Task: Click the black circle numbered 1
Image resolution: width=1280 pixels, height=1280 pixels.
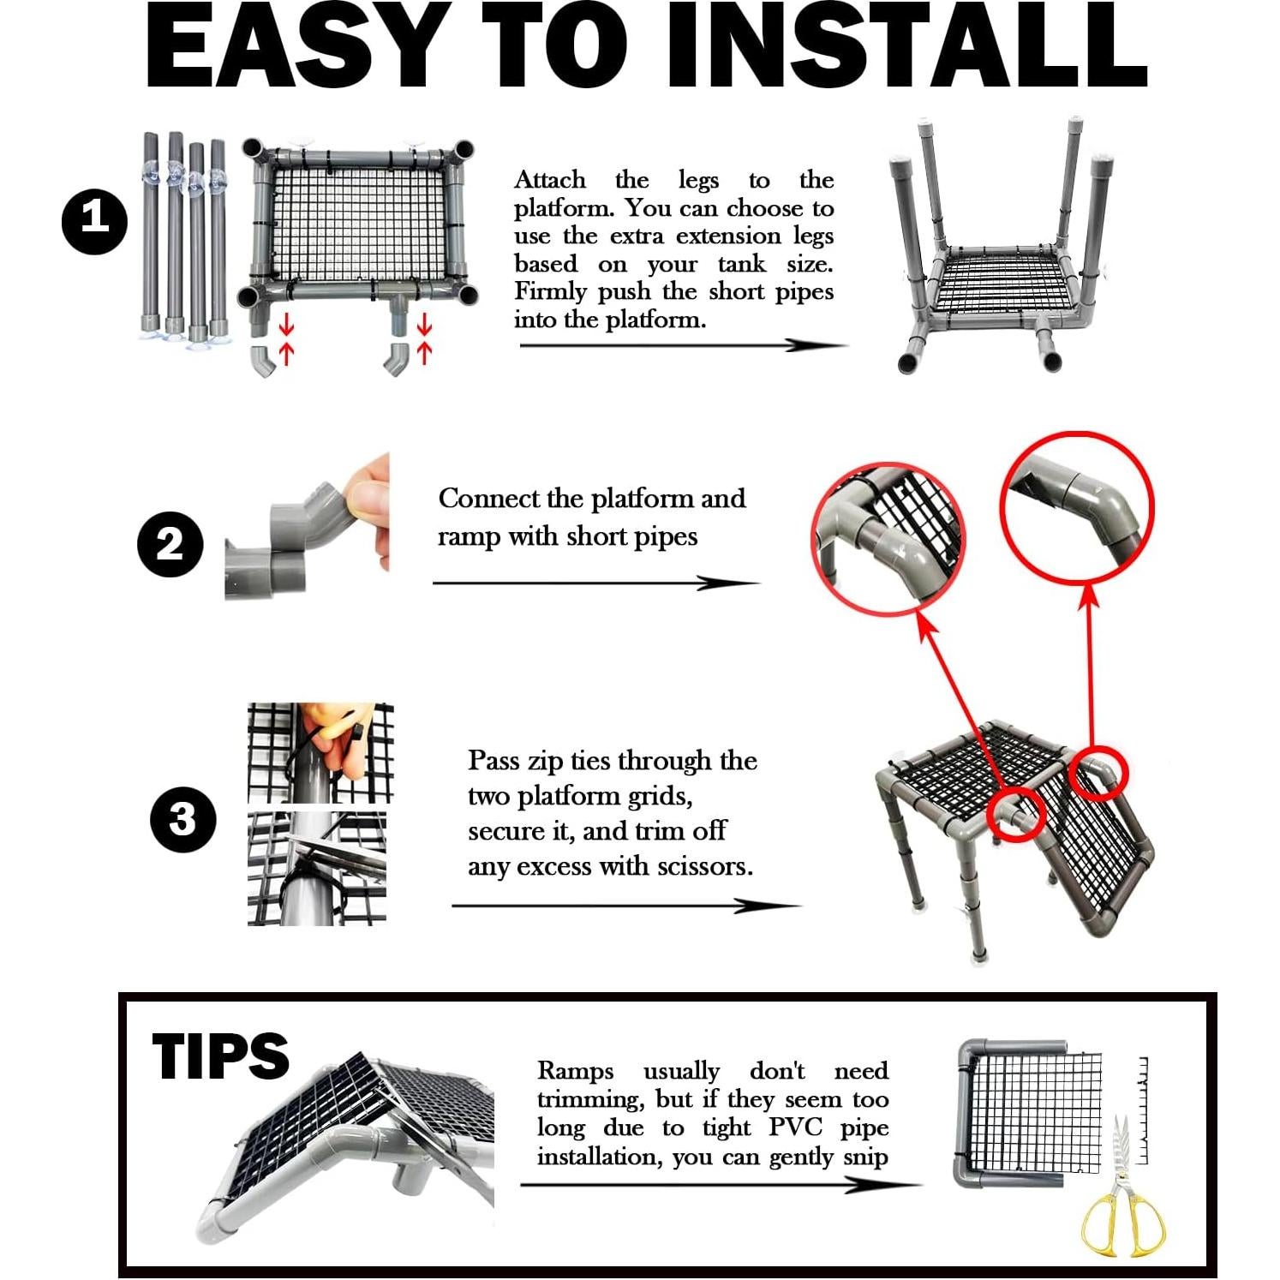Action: tap(94, 221)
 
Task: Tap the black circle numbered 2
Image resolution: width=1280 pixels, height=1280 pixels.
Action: tap(170, 544)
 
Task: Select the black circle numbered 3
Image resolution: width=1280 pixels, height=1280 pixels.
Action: tap(183, 819)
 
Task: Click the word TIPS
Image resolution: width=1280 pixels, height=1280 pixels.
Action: tap(221, 1056)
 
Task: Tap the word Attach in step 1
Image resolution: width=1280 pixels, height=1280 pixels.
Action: tap(550, 180)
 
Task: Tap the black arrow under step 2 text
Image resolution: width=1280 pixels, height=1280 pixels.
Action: tap(596, 583)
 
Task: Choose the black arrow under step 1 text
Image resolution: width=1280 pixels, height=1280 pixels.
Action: tap(683, 345)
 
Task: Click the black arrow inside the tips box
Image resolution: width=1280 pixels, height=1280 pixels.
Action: tap(721, 1185)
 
